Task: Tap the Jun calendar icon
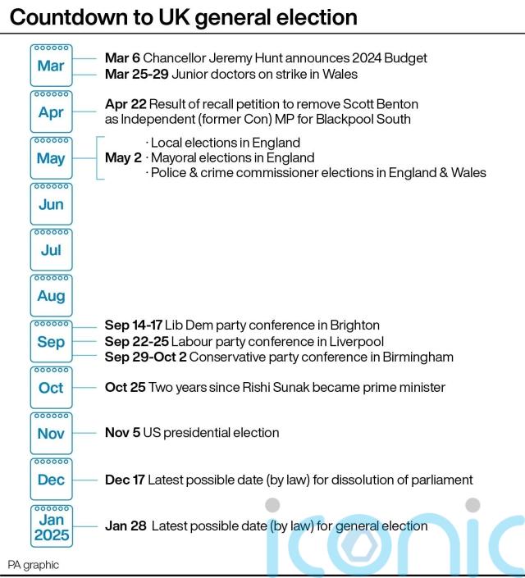coord(51,203)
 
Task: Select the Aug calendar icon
coord(51,294)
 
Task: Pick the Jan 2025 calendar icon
coord(51,526)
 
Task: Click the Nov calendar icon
coord(51,432)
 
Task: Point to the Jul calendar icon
coord(51,248)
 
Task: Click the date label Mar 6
coord(122,59)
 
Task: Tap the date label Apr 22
coord(126,105)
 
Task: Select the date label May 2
coord(123,158)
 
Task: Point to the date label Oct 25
coord(125,387)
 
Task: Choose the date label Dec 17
coord(125,480)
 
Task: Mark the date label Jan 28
coord(125,526)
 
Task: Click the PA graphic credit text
coord(34,565)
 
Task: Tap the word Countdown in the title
coord(62,17)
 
